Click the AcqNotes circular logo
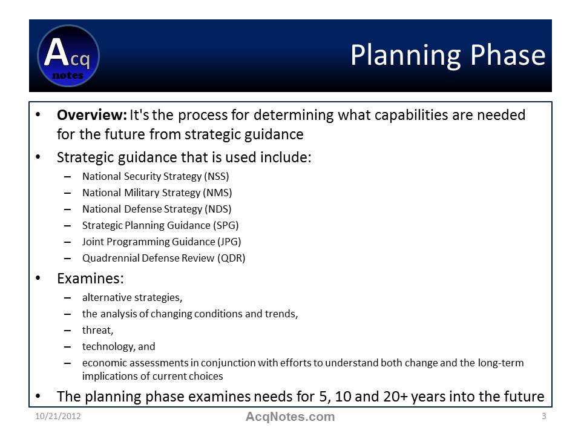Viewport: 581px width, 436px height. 68,56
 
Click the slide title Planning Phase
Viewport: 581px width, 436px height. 447,55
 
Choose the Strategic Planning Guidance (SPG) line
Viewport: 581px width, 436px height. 160,225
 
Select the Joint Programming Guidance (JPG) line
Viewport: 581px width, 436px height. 162,242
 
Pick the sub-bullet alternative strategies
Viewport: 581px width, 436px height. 132,297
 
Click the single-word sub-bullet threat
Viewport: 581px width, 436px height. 97,330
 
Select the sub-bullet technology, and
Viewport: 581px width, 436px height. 119,346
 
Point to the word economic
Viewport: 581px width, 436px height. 102,363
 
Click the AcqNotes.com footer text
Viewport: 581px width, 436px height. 290,417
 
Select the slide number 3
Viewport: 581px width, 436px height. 543,417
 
